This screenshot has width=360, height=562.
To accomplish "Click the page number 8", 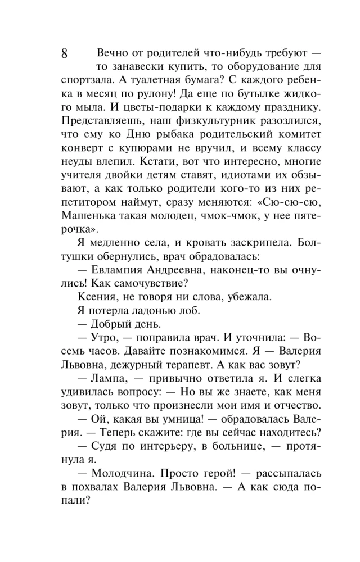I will (x=64, y=55).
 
